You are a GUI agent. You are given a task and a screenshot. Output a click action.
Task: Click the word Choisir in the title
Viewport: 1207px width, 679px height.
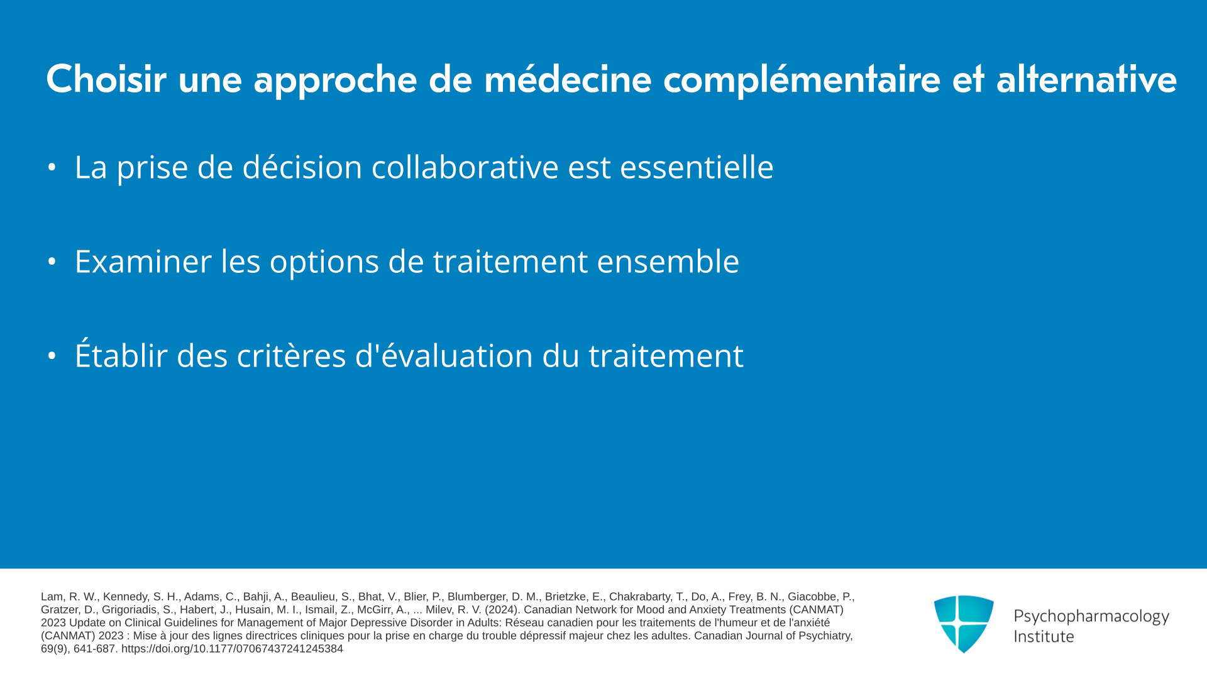(106, 79)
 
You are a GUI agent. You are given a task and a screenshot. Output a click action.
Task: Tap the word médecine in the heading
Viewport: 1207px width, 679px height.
(568, 79)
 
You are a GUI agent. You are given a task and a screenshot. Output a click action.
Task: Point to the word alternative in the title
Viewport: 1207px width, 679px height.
(1086, 79)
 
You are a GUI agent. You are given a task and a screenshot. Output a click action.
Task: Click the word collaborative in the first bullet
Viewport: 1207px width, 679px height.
(465, 167)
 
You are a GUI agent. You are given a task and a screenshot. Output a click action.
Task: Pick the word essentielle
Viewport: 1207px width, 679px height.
(697, 167)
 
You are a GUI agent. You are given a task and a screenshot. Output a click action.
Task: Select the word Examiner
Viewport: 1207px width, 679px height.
(143, 262)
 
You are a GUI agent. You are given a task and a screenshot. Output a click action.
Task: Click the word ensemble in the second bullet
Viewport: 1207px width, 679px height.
(668, 262)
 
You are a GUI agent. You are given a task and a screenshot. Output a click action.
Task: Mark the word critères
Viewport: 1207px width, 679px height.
(291, 355)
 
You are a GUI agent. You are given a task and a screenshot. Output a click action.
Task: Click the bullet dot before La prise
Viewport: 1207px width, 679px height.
(52, 167)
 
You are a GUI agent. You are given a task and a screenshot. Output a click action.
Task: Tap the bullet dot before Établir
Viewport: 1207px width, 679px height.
(52, 356)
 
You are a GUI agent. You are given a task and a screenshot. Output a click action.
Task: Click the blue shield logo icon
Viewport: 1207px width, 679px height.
(964, 624)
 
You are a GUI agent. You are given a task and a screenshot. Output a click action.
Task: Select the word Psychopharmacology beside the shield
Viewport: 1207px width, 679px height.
(1091, 617)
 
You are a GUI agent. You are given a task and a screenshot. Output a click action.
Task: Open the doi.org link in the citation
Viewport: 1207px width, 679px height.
(232, 649)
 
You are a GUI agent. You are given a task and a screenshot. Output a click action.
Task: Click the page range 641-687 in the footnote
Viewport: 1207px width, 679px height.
(95, 649)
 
